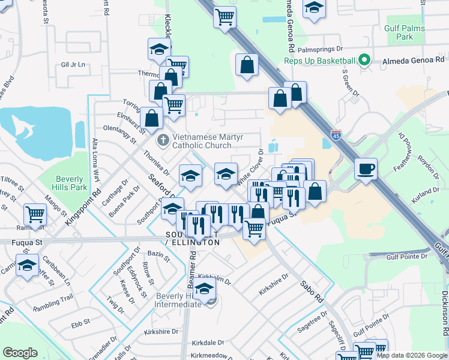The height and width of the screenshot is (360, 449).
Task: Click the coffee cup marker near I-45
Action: click(x=366, y=169)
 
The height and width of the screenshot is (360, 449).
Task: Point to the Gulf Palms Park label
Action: click(x=404, y=32)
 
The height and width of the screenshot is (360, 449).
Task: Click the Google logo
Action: click(x=20, y=353)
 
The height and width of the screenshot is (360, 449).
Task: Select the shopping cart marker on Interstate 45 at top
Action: click(x=224, y=17)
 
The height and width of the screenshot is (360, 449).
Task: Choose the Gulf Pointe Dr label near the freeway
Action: click(x=407, y=256)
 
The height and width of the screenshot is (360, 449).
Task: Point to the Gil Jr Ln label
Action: click(x=74, y=65)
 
